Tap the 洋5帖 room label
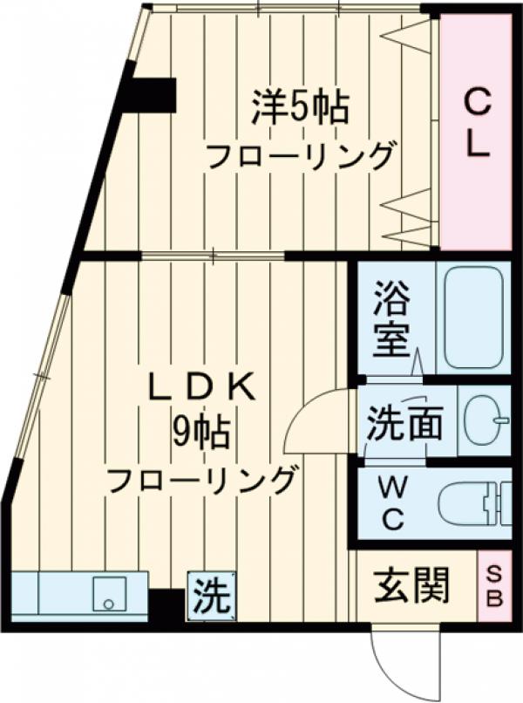tap(301, 108)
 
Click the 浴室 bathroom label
tap(391, 319)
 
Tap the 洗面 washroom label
tap(404, 424)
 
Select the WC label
tap(391, 502)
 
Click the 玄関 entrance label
tap(412, 586)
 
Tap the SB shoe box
tap(493, 585)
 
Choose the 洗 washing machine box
tap(211, 595)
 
